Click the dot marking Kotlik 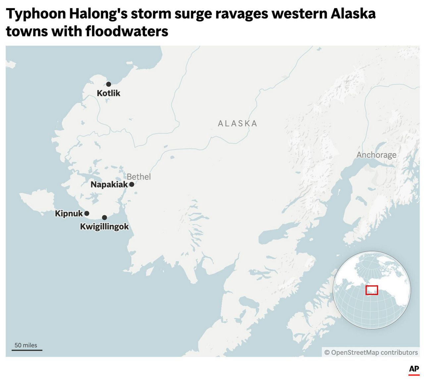coord(109,84)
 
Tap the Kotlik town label coord(109,93)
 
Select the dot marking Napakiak coord(132,184)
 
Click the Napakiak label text coord(109,185)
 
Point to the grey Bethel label coord(139,177)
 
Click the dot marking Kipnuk coord(87,213)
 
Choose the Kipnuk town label coord(69,213)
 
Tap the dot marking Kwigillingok coord(104,218)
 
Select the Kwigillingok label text coord(104,227)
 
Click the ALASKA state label coord(238,123)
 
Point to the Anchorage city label coord(376,155)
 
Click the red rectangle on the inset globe coord(372,290)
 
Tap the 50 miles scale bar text coord(26,345)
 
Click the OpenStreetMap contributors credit coord(371,352)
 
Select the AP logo coord(414,369)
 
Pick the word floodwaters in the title coord(127,32)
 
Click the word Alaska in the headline coord(353,14)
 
